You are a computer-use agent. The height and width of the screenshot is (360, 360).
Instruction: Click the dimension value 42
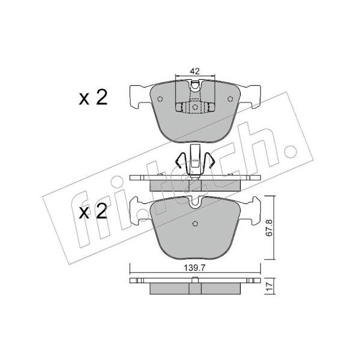(x=194, y=71)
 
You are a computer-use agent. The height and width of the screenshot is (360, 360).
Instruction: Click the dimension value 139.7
(x=194, y=268)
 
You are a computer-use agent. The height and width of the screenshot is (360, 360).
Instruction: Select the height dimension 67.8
(x=269, y=228)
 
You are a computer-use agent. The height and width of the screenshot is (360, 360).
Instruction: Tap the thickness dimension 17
(x=269, y=286)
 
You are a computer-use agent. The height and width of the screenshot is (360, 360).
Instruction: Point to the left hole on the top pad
(x=160, y=99)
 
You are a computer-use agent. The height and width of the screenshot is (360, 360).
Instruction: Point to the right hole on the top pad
(x=230, y=99)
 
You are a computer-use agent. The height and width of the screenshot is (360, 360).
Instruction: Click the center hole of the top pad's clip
(x=195, y=107)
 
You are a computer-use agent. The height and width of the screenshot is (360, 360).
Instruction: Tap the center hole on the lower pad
(x=195, y=224)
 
